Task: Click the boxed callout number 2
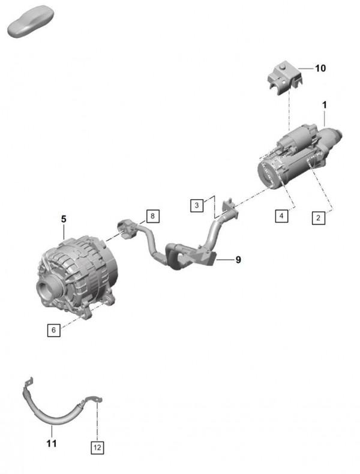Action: tap(318, 218)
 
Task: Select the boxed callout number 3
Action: tap(197, 206)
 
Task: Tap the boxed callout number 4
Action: tap(281, 216)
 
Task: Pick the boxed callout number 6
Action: tap(54, 330)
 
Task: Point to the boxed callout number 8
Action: tap(152, 216)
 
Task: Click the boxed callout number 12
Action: tap(97, 447)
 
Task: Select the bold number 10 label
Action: tap(320, 68)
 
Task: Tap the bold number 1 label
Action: tap(325, 105)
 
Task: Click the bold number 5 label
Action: tap(64, 219)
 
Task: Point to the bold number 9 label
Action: tap(238, 260)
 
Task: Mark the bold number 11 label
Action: tap(52, 443)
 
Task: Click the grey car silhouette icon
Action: tap(30, 22)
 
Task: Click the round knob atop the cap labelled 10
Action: tap(283, 67)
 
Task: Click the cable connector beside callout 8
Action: tap(127, 229)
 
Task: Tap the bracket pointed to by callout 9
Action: tap(209, 257)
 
